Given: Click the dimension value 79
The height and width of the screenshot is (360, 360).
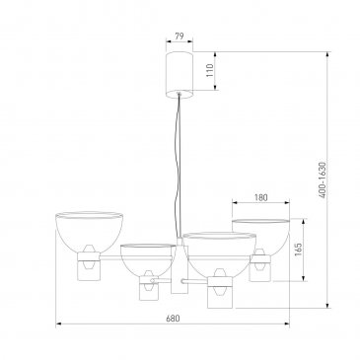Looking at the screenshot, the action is pyautogui.click(x=180, y=36).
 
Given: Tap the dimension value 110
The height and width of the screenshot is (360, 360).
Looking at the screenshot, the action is pyautogui.click(x=210, y=70).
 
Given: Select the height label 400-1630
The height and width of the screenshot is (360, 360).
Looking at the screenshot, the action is pyautogui.click(x=323, y=180).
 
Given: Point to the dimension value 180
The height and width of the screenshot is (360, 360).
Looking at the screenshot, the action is pyautogui.click(x=261, y=197).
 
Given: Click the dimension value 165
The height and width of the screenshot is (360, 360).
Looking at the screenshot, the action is pyautogui.click(x=298, y=250).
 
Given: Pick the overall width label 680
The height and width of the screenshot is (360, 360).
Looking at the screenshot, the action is pyautogui.click(x=173, y=319).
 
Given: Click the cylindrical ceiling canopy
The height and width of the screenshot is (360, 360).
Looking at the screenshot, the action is pyautogui.click(x=180, y=75).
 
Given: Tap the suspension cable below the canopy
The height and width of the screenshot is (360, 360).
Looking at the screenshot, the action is pyautogui.click(x=178, y=166).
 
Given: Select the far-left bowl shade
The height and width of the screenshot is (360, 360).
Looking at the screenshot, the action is pyautogui.click(x=90, y=233).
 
